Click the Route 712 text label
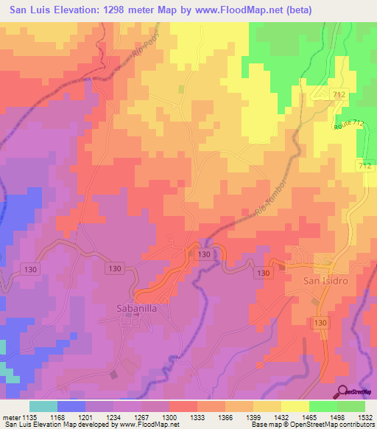pos(348,125)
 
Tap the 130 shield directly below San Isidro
pos(320,323)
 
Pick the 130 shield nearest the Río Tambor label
pos(205,254)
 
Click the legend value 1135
pos(29,417)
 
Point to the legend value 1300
pos(169,417)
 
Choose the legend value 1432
pos(281,417)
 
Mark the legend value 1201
pos(85,417)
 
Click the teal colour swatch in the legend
pos(43,406)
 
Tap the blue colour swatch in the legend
pos(71,406)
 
